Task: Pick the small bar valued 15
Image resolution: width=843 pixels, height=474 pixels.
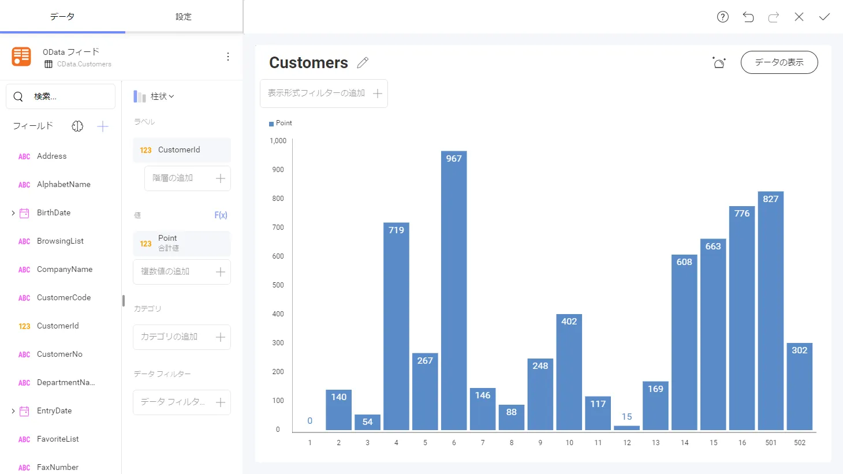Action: click(626, 427)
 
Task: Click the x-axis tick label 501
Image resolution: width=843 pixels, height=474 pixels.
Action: click(771, 443)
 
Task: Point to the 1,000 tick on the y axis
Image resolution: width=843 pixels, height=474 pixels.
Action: click(278, 141)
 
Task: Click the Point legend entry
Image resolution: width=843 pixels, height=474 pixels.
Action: click(281, 123)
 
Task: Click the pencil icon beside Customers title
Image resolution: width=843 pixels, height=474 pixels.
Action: click(363, 63)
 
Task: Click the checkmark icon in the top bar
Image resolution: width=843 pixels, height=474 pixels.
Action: click(824, 17)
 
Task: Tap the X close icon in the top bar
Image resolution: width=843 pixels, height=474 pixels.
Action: click(799, 17)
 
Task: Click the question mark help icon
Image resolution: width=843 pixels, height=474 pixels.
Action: click(722, 17)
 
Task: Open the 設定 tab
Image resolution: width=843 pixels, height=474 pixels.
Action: click(184, 17)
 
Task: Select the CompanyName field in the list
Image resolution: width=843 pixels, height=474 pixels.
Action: click(64, 270)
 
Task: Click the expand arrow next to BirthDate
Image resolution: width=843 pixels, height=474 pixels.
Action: click(13, 213)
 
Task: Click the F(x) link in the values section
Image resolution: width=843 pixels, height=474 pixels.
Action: click(221, 215)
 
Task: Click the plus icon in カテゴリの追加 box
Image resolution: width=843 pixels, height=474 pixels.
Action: click(221, 337)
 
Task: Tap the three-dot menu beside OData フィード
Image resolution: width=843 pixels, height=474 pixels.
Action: click(228, 57)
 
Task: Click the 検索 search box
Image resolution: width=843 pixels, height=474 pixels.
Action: click(61, 96)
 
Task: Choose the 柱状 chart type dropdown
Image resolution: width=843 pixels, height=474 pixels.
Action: click(154, 96)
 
